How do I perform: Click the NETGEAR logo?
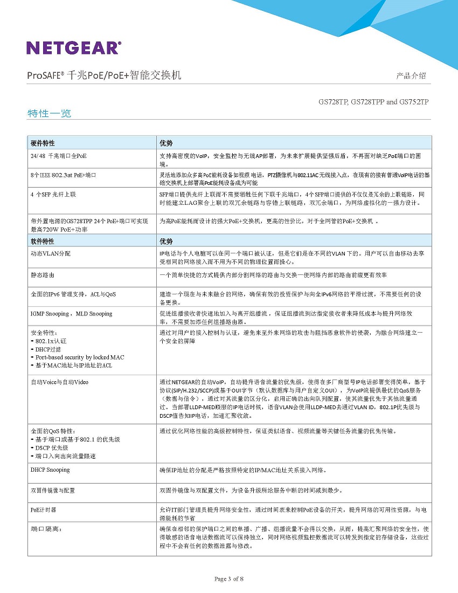(x=74, y=47)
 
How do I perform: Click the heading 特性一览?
(x=49, y=113)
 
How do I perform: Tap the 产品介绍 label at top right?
(x=411, y=75)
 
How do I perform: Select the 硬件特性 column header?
(x=43, y=143)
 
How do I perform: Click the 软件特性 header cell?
(x=43, y=241)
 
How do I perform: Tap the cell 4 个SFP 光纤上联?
(x=53, y=194)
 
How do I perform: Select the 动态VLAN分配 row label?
(x=50, y=253)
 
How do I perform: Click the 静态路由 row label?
(x=42, y=275)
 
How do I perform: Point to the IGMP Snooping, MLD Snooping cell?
(x=71, y=314)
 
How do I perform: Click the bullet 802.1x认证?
(x=50, y=341)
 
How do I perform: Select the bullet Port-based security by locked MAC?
(x=79, y=357)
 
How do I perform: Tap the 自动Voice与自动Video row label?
(x=59, y=382)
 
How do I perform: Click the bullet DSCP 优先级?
(x=51, y=448)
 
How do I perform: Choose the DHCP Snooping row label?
(x=50, y=470)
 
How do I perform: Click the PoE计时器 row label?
(x=43, y=509)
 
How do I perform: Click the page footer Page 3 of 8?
(x=229, y=579)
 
